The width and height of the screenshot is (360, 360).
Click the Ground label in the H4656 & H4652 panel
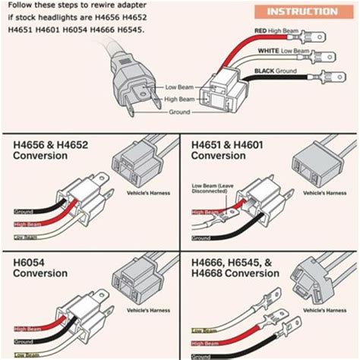tap(24, 212)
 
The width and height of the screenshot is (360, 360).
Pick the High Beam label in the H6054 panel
tap(27, 329)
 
